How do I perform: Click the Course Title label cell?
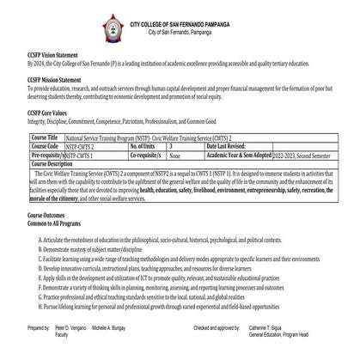coord(45,137)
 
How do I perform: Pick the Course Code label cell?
coord(45,146)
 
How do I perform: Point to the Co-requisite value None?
coord(175,156)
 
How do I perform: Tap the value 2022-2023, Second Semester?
coord(300,156)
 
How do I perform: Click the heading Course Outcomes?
coord(52,213)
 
